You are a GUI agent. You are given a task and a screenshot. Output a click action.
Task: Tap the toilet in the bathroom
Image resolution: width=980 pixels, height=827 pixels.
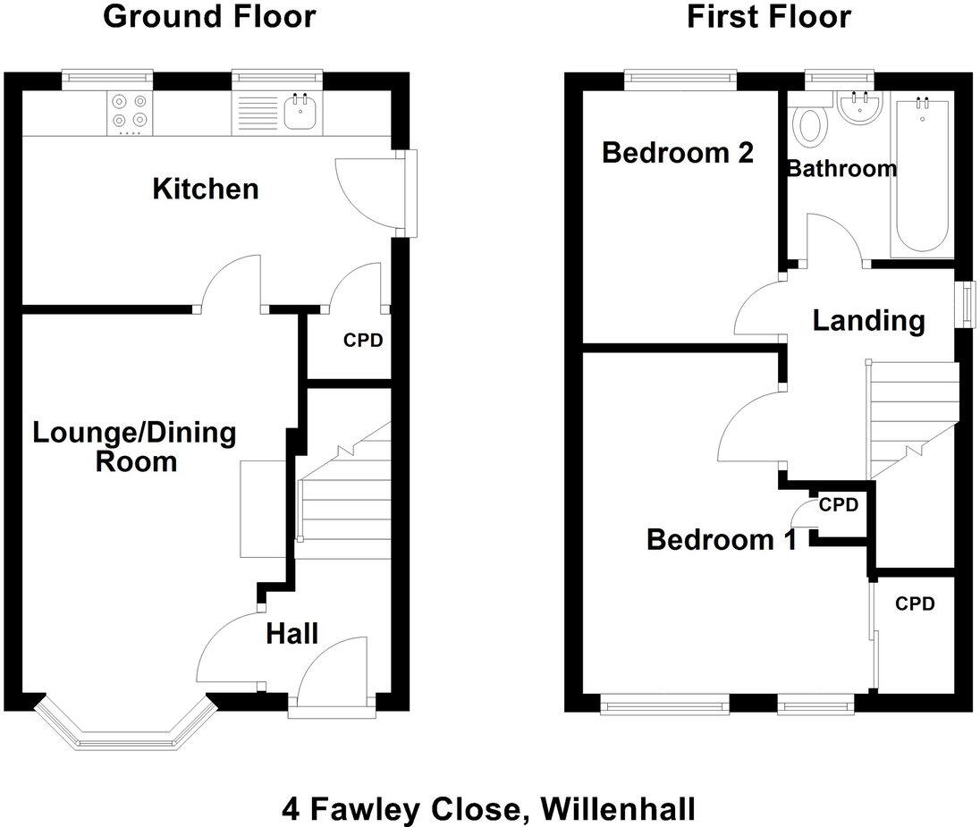pos(811,125)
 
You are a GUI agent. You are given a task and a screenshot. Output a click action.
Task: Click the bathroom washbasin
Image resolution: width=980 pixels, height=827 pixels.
pos(860,110)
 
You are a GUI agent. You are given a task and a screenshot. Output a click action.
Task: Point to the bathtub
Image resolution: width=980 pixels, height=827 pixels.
pos(921,175)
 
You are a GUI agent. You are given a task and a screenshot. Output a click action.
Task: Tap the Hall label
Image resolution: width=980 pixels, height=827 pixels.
pos(291,634)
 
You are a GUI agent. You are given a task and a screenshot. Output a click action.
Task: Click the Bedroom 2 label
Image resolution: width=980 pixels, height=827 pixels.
pos(677,153)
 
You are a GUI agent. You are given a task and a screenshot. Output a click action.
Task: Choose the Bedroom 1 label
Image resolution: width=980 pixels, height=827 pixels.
pos(721,540)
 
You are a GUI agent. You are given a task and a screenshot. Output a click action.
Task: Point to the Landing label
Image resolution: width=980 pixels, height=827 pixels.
pos(867,320)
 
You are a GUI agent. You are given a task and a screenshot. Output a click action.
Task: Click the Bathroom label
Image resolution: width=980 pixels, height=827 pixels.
pos(841,168)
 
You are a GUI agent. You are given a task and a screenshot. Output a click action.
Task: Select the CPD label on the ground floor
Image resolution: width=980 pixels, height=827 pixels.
pos(363,341)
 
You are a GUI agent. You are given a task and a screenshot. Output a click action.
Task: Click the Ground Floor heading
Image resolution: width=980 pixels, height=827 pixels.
pos(209,16)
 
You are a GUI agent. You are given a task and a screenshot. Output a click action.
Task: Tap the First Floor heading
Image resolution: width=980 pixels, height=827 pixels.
pos(768,16)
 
